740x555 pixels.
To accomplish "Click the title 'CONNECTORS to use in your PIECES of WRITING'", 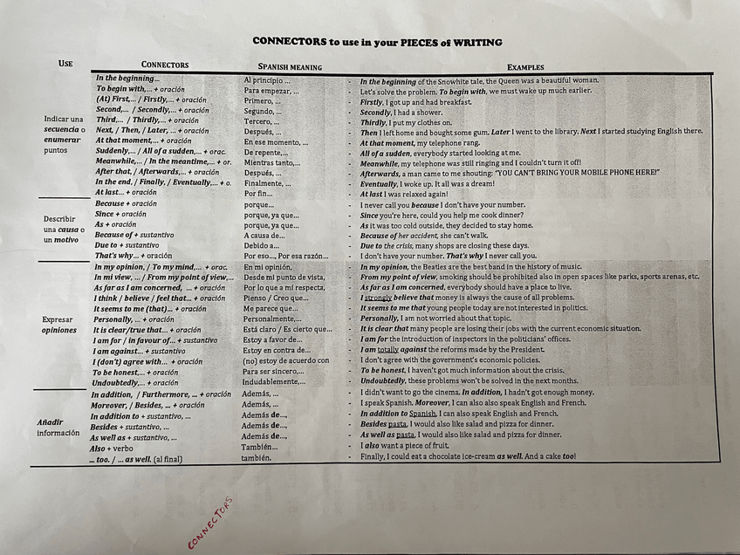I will [x=377, y=41].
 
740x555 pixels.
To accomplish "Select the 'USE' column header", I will [x=65, y=63].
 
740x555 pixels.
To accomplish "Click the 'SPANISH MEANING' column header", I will [x=290, y=67].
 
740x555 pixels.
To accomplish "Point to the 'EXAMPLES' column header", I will [x=524, y=67].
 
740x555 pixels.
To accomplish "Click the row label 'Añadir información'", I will [x=58, y=428].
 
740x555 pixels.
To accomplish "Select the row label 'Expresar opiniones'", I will [x=59, y=325].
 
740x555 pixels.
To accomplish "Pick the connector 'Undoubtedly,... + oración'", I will [x=135, y=383].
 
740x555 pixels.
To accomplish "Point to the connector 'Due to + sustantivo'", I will [x=127, y=245].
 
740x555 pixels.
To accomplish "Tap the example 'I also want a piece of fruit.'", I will [x=410, y=446].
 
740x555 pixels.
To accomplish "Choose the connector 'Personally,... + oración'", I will [x=134, y=319].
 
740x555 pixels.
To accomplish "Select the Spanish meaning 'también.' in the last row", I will [x=257, y=457].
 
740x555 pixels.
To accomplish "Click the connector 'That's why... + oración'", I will [x=134, y=256].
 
